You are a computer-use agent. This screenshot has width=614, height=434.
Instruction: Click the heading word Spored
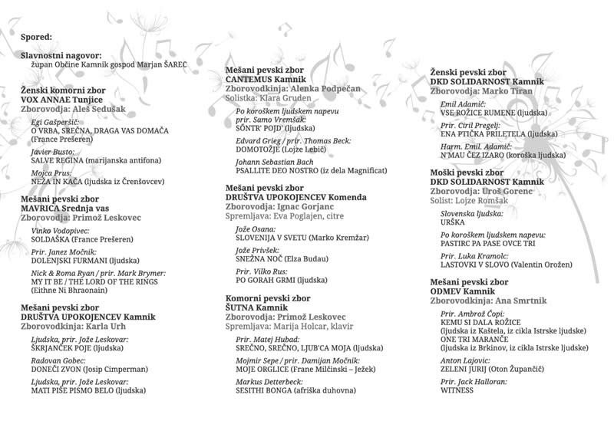(x=37, y=36)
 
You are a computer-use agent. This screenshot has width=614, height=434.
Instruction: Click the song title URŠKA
(x=453, y=222)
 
